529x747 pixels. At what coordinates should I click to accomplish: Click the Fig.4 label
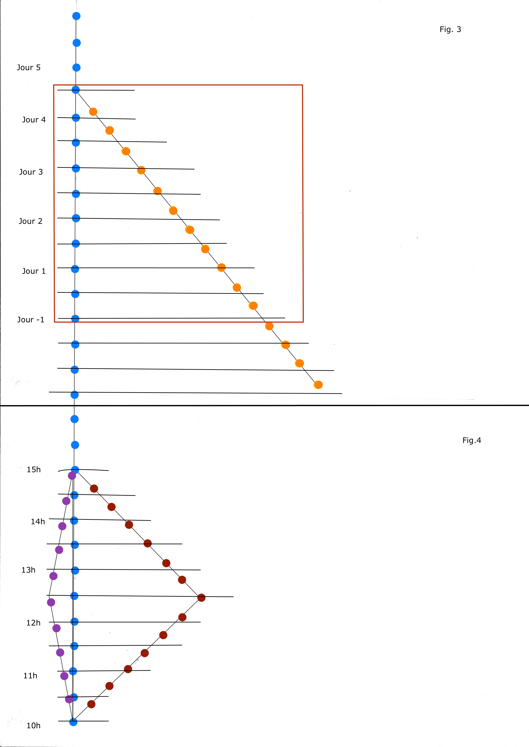(471, 440)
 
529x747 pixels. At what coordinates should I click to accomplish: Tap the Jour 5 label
(29, 68)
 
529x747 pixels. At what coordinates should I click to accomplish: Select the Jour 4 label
(34, 120)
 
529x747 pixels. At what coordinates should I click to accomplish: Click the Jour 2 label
(31, 221)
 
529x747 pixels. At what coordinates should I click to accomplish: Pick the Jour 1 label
(34, 271)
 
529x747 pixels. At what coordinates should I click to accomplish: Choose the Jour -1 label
(31, 320)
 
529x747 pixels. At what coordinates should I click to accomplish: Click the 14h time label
(38, 521)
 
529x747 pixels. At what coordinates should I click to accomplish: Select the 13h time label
(28, 570)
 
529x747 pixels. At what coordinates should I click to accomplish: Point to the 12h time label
(33, 623)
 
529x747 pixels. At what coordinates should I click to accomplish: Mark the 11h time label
(30, 676)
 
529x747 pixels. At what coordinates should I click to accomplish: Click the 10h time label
(33, 725)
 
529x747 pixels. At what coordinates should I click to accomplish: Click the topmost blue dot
(76, 16)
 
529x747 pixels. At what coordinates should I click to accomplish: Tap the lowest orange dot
(318, 385)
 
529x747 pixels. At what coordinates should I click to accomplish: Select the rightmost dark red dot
(201, 598)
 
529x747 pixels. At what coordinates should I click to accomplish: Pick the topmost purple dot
(72, 476)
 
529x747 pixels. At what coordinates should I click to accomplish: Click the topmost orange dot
(93, 112)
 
